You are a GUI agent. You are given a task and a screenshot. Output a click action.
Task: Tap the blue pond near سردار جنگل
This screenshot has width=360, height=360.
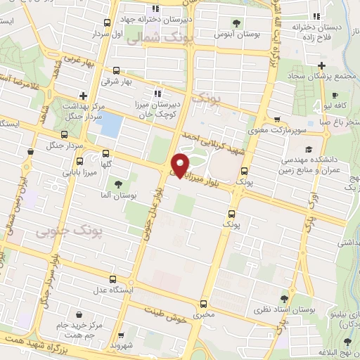[x=109, y=125]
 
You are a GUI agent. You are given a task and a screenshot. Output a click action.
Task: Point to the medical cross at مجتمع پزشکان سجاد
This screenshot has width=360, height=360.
[x=321, y=65]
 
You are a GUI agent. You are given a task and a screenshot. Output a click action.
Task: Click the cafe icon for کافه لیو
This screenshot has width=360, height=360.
[x=335, y=95]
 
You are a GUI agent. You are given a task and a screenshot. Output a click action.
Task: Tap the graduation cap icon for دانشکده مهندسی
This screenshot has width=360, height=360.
[x=309, y=149]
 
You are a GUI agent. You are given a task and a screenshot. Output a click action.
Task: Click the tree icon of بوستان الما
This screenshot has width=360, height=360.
[x=127, y=184]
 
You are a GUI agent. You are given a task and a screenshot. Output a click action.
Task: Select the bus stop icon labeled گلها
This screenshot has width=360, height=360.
[x=106, y=153]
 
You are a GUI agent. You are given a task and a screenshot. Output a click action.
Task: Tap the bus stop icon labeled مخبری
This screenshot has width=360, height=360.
[x=203, y=304]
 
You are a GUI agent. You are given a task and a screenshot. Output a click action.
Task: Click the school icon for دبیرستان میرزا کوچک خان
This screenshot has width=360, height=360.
[x=157, y=92]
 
